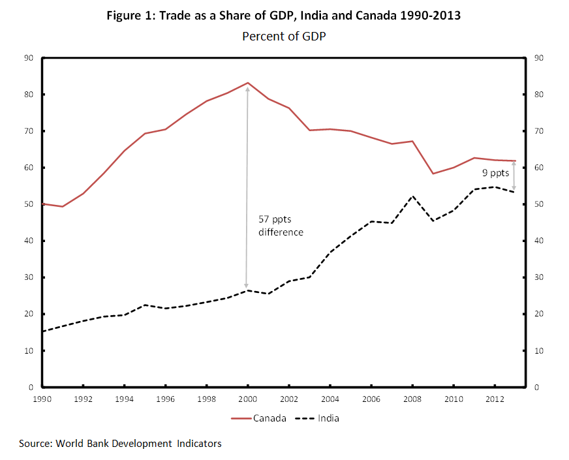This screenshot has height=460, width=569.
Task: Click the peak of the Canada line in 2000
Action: (x=247, y=83)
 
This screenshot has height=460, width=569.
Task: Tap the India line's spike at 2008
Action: (x=412, y=196)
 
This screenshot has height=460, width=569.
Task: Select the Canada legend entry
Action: (x=259, y=418)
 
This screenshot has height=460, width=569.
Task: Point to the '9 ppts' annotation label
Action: (x=495, y=174)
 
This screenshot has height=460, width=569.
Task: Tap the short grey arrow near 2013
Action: (x=514, y=176)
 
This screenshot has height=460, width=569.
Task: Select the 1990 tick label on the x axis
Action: (x=42, y=399)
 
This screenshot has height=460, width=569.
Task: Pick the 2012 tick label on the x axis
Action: (x=495, y=399)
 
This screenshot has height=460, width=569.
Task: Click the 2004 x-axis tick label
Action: (x=330, y=399)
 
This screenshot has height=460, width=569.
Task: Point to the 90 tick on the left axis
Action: (x=29, y=58)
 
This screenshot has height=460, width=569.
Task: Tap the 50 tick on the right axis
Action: (x=539, y=204)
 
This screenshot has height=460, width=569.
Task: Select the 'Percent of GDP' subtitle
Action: (x=284, y=37)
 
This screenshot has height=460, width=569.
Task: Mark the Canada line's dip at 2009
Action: (x=432, y=174)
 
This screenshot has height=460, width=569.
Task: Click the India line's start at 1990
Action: (x=42, y=331)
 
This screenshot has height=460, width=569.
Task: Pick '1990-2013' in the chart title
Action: (x=433, y=16)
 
